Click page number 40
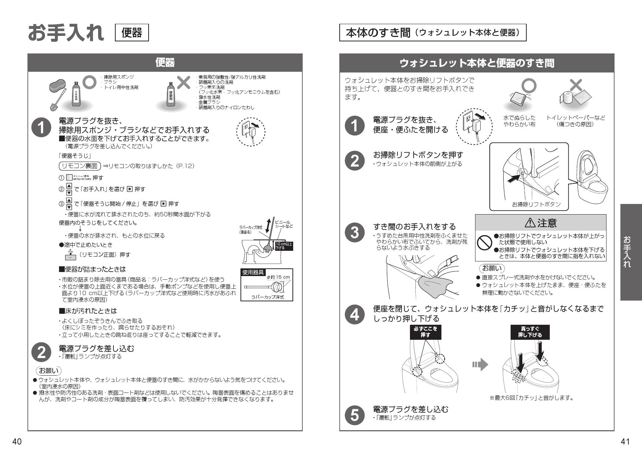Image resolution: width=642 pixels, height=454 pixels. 17,442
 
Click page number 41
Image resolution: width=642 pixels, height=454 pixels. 625,442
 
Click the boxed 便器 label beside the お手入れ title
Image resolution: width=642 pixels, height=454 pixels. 132,33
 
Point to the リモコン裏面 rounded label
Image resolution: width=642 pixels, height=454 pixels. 79,166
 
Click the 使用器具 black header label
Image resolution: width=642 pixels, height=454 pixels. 253,272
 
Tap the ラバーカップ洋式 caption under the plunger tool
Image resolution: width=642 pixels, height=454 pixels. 268,297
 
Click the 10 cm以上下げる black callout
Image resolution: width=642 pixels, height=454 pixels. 284,246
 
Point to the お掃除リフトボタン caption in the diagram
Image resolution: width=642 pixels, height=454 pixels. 536,205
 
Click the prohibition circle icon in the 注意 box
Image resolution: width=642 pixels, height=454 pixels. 485,242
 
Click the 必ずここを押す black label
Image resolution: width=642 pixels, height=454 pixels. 425,332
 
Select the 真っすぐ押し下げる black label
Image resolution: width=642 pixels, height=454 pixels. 530,332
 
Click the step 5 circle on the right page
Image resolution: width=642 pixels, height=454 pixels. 355,414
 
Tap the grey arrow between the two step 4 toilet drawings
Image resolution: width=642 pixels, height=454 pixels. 480,364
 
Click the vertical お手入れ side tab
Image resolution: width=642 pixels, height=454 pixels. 631,252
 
